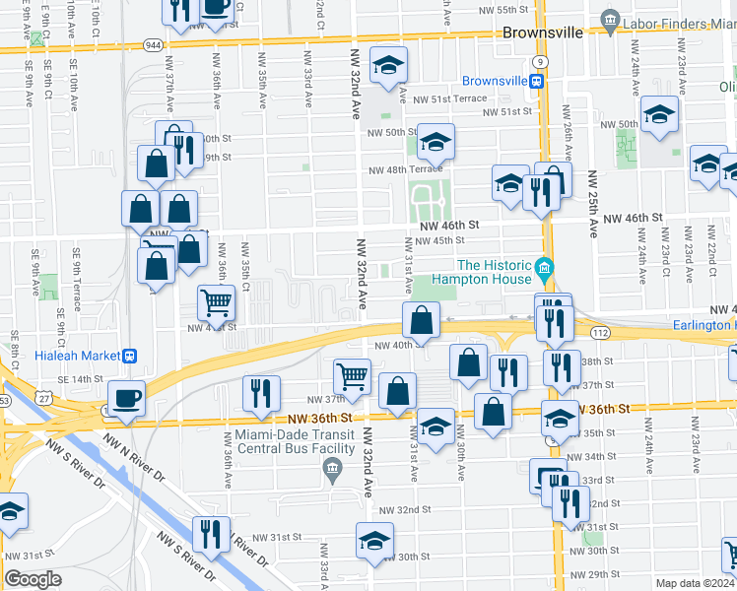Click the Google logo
[33, 579]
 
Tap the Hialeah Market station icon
[128, 356]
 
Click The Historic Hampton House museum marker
[543, 267]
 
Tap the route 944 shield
[153, 45]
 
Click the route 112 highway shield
[599, 332]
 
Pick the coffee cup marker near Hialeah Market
[127, 399]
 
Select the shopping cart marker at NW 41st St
[217, 303]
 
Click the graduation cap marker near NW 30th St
[374, 541]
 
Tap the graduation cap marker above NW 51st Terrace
[388, 67]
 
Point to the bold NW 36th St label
[607, 409]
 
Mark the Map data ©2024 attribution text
[695, 583]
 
